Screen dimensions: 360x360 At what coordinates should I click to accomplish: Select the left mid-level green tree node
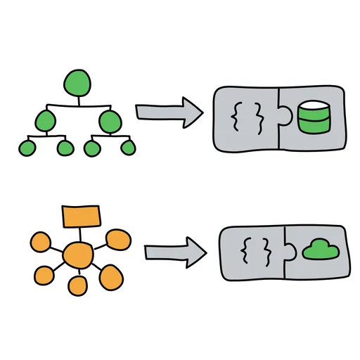pyautogui.click(x=45, y=121)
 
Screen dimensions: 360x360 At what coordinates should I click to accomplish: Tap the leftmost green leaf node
pyautogui.click(x=26, y=148)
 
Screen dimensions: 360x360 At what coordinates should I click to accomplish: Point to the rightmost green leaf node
pyautogui.click(x=127, y=148)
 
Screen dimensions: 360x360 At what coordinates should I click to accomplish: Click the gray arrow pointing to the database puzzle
pyautogui.click(x=166, y=113)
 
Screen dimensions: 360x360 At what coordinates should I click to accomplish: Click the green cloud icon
pyautogui.click(x=321, y=250)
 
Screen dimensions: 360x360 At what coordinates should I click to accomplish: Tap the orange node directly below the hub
pyautogui.click(x=77, y=285)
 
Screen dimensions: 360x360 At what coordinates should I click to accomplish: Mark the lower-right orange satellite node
pyautogui.click(x=112, y=277)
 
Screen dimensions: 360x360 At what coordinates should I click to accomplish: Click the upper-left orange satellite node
pyautogui.click(x=40, y=243)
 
